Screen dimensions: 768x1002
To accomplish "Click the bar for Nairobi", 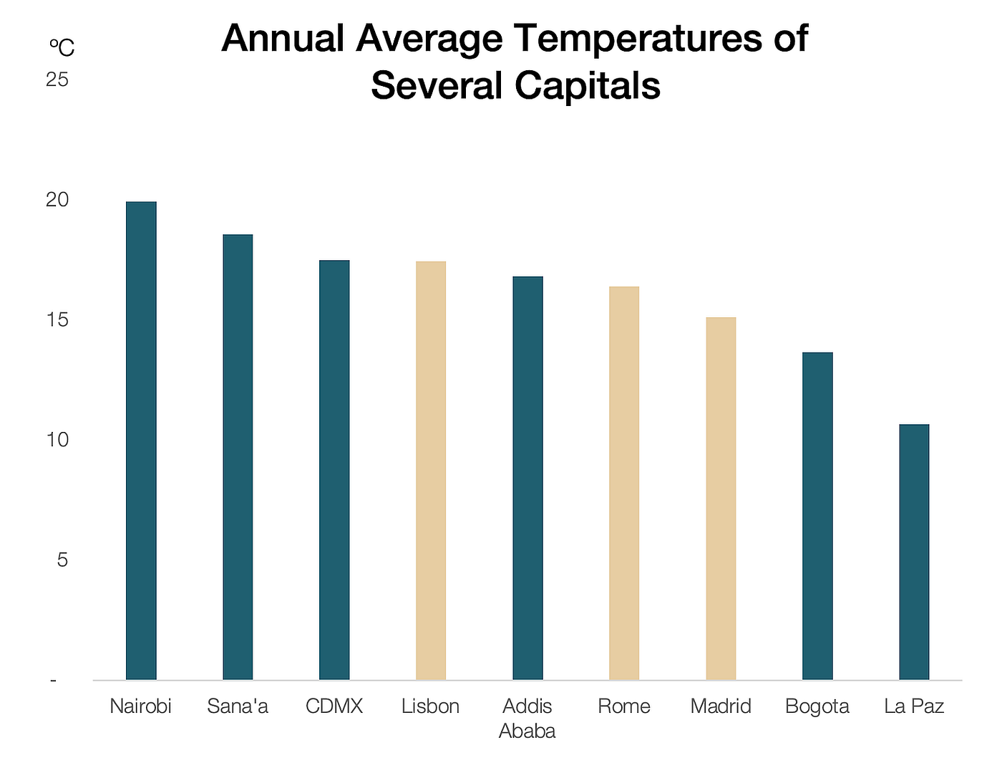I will (141, 441).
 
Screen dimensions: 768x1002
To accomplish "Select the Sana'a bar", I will (238, 457).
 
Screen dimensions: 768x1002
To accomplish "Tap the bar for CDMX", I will (334, 470).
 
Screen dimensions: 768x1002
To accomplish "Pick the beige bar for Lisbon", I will (431, 471).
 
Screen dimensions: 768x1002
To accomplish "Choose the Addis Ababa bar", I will (527, 478).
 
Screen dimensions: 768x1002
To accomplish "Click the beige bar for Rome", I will (624, 483).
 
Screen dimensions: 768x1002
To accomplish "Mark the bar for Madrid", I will (721, 499).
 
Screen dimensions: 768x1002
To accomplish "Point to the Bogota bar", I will (817, 516).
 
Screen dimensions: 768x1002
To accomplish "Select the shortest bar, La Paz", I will (914, 552).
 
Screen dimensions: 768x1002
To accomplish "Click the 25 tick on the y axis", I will (57, 80).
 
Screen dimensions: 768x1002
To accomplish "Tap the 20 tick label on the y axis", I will (57, 200).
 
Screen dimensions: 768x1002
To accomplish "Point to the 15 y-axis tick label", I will (57, 320).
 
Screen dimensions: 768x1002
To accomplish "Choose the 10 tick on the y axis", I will (57, 439).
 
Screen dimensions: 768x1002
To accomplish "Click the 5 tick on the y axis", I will (62, 560).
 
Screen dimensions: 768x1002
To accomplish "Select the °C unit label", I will (62, 48).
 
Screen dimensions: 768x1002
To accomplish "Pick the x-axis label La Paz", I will (914, 706).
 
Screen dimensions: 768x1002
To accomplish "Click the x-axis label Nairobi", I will (141, 706).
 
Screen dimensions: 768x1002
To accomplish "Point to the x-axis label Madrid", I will (721, 706).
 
